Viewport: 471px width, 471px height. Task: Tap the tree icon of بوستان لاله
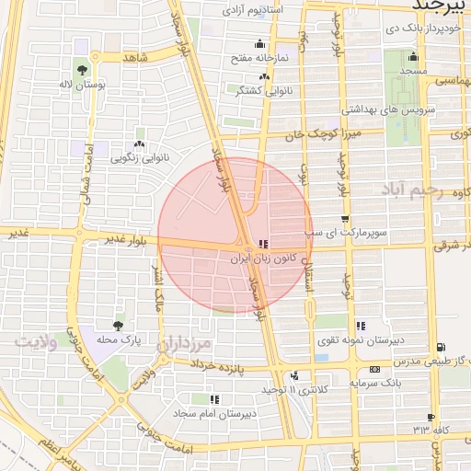[83, 69]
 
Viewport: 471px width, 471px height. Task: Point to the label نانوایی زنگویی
[139, 157]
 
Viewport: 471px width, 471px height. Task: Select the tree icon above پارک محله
[118, 325]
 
